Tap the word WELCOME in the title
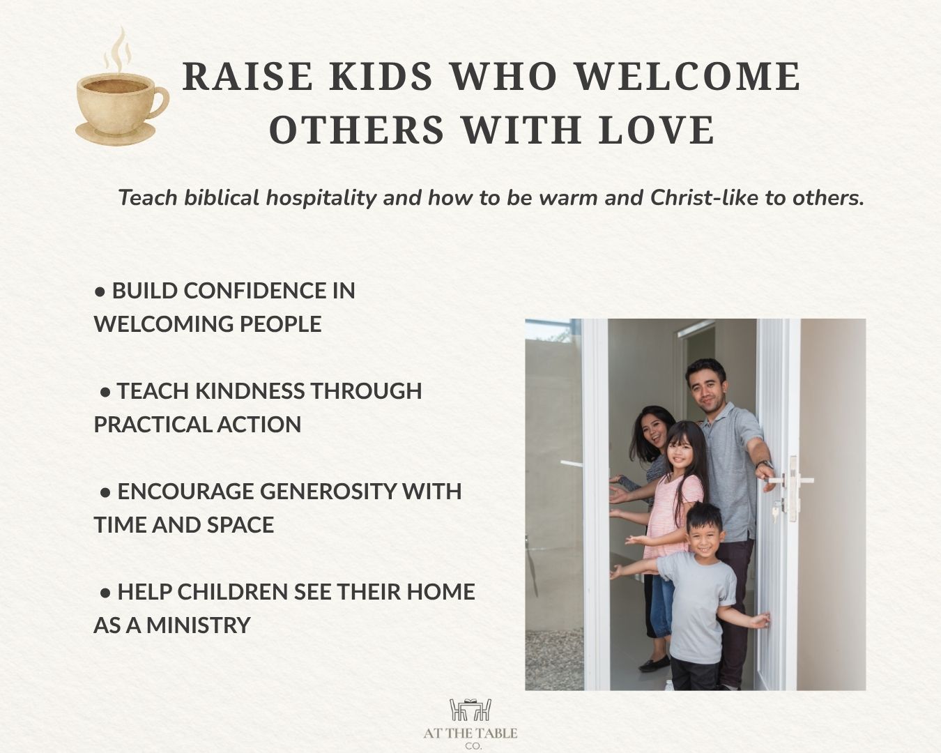(x=687, y=77)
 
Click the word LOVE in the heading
(x=657, y=130)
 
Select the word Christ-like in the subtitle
(x=705, y=197)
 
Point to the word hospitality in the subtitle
(x=321, y=198)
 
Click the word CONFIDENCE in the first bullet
(x=254, y=291)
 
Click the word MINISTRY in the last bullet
(x=198, y=625)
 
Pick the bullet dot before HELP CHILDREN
(x=105, y=593)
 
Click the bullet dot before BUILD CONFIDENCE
(x=100, y=292)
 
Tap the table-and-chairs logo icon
(x=470, y=710)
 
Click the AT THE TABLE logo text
(x=470, y=733)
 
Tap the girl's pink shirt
(x=673, y=516)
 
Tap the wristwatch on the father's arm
(x=765, y=464)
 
